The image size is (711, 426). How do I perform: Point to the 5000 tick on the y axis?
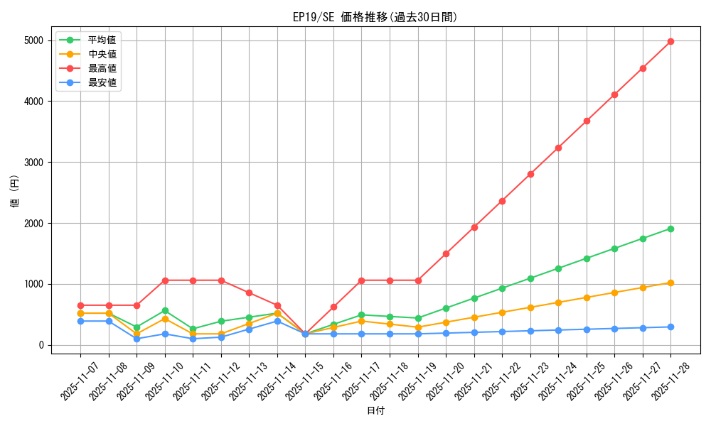tap(33, 40)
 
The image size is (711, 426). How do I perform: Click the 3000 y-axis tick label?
tap(33, 163)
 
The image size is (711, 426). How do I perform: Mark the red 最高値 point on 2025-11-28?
tap(670, 41)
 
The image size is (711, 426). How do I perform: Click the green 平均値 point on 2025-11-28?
tap(670, 229)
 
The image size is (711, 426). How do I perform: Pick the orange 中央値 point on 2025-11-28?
tap(670, 283)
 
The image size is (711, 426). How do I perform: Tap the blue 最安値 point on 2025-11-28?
tap(670, 327)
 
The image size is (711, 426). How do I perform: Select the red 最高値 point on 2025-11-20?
tap(446, 253)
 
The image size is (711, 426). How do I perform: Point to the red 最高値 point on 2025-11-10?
tap(165, 280)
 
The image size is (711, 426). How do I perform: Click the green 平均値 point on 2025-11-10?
tap(165, 310)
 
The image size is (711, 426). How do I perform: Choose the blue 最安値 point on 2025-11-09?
tap(137, 339)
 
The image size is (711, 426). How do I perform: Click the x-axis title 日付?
tap(375, 411)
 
